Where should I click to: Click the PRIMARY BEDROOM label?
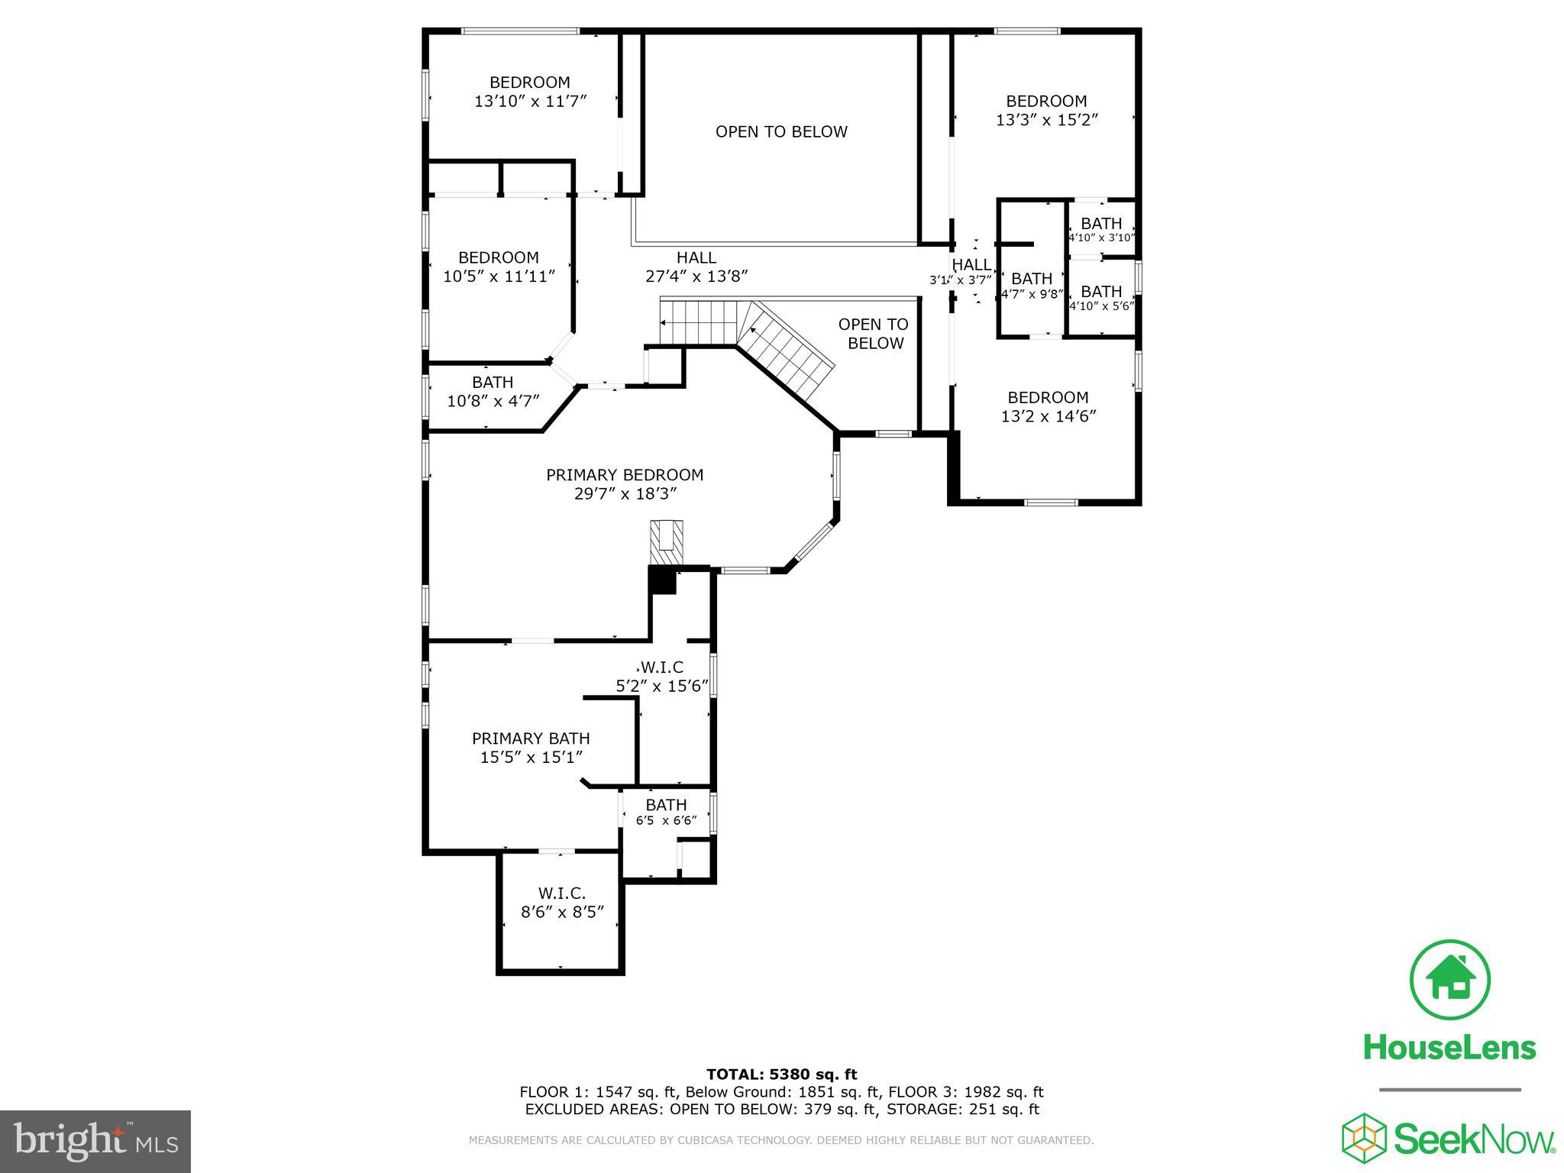[624, 475]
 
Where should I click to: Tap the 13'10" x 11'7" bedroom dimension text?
[530, 101]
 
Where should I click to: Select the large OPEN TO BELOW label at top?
[780, 132]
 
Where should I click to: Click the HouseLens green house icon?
[1449, 981]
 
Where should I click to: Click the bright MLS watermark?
[95, 1141]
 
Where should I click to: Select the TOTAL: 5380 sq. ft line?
[780, 1075]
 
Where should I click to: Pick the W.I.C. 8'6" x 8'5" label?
[562, 902]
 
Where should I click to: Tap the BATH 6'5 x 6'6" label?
[666, 812]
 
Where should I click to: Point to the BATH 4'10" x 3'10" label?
[1101, 229]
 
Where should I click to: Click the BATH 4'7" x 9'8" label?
[1031, 285]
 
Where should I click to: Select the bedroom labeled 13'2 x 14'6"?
[1048, 406]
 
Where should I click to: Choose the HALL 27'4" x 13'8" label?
[696, 267]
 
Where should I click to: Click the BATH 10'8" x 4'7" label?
[493, 391]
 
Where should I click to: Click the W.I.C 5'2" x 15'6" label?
[662, 677]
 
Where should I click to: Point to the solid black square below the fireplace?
[662, 580]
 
